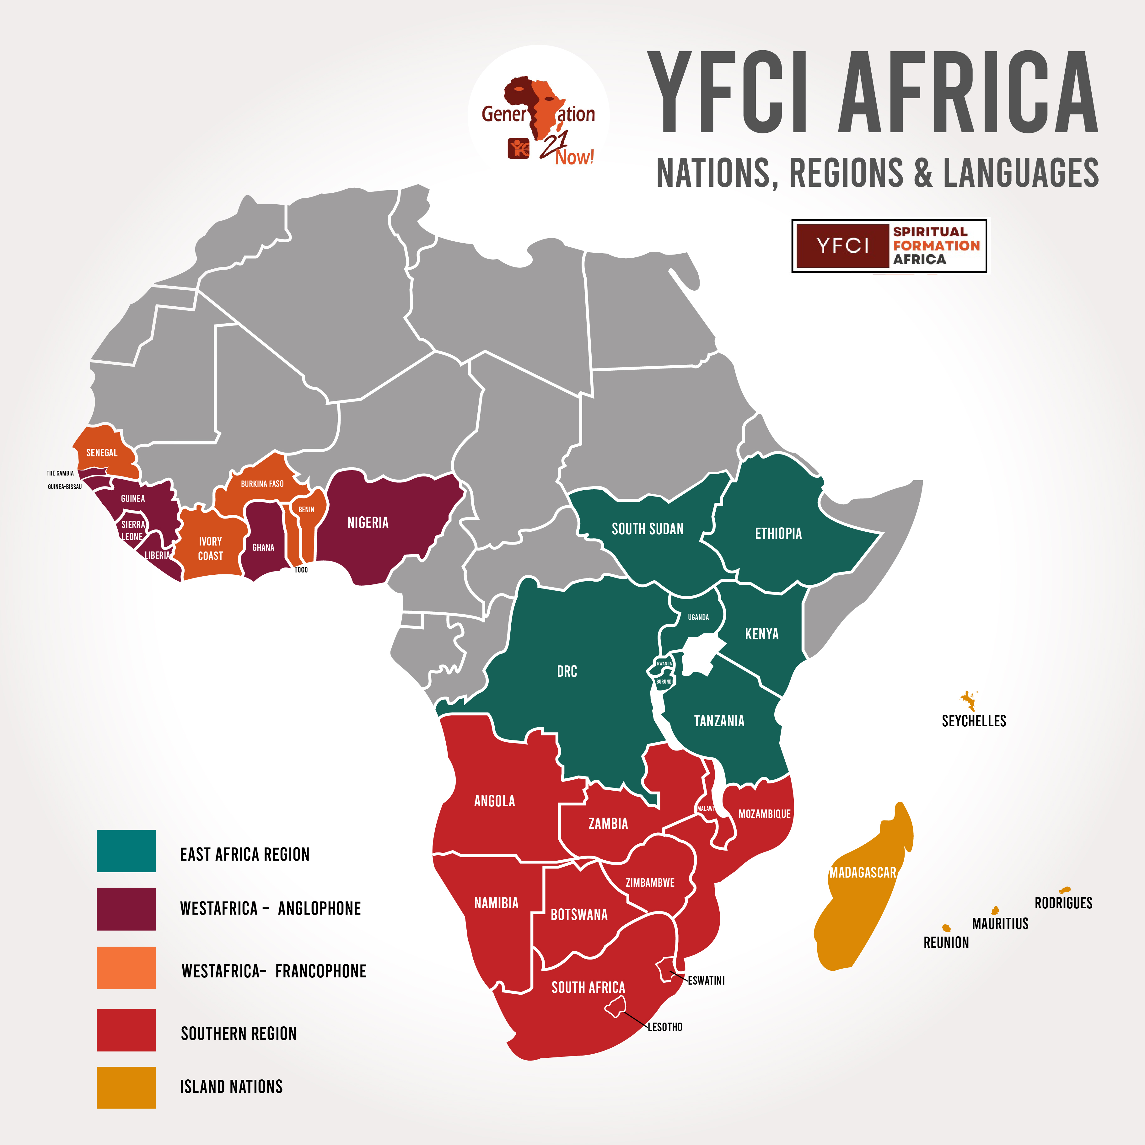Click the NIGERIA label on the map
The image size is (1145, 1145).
[x=368, y=523]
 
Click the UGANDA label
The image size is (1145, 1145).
[x=698, y=617]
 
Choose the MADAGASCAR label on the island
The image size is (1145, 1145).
[x=862, y=872]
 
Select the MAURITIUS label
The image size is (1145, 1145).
[x=1000, y=923]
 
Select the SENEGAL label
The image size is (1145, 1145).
[x=102, y=453]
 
